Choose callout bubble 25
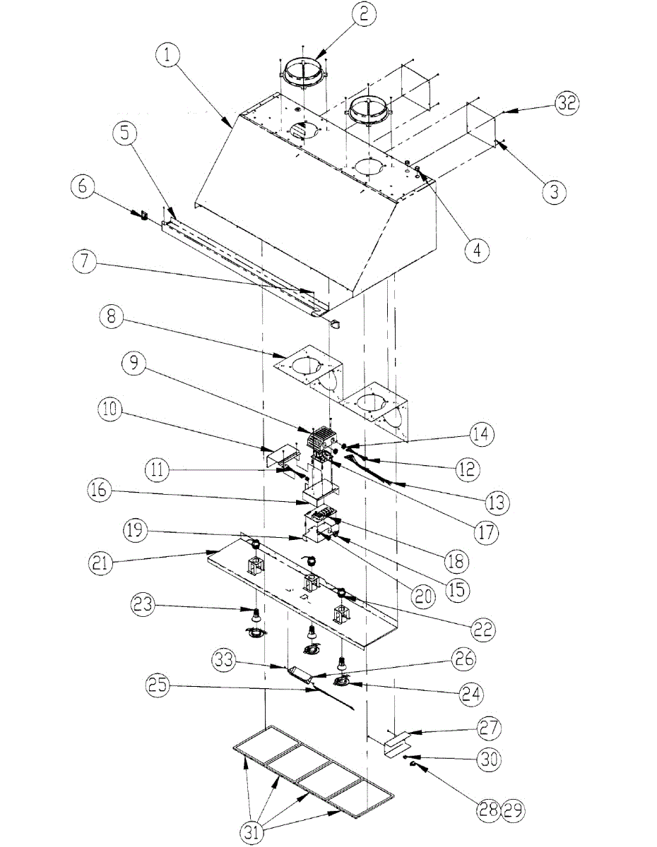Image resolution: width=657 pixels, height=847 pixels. pos(162,685)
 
